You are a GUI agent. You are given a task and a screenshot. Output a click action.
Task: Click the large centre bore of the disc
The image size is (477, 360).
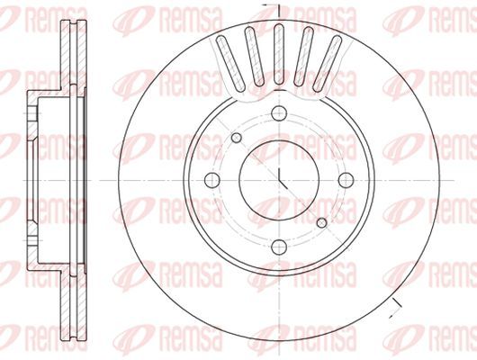click(279, 180)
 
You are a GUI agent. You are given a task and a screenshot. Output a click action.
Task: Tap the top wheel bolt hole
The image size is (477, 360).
click(279, 113)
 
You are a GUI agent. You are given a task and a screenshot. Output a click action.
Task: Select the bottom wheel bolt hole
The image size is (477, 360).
click(279, 247)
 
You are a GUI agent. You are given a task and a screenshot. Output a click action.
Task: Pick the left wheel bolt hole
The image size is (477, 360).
click(212, 180)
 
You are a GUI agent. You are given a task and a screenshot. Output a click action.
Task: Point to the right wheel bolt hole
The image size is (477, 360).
click(346, 180)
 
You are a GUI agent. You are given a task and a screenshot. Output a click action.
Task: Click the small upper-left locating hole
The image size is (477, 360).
click(237, 138)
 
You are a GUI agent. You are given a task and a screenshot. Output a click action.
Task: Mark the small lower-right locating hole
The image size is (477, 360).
click(321, 223)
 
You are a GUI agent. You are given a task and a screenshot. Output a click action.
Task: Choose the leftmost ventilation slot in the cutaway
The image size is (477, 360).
click(230, 63)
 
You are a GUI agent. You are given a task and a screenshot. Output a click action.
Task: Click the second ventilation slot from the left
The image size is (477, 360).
click(255, 56)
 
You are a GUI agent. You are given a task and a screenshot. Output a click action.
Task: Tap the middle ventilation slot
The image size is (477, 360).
click(279, 54)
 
